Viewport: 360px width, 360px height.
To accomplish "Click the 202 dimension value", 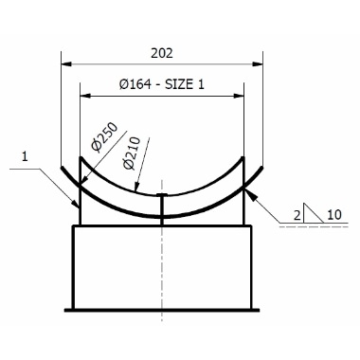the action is tap(162, 53).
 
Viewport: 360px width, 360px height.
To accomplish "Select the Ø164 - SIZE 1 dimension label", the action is tap(162, 84).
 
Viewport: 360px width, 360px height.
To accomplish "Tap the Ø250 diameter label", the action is tap(104, 136).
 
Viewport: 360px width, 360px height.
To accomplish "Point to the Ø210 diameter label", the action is tap(132, 153).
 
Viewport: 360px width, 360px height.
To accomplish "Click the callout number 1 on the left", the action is tap(25, 156).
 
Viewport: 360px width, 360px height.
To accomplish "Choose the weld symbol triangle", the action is tap(313, 213).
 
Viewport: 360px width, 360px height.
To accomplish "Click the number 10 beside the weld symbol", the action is tap(334, 215).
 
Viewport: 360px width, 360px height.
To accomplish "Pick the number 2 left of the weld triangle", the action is tap(297, 215).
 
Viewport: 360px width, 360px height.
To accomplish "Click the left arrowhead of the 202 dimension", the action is tap(65, 64).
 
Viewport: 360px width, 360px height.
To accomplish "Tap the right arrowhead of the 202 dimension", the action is tap(258, 64).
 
